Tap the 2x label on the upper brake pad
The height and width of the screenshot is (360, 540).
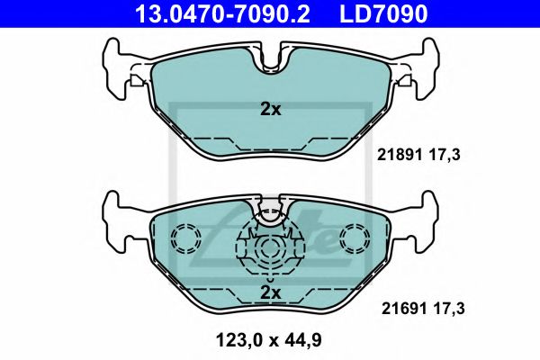(x=271, y=109)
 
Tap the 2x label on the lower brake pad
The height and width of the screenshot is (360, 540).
(x=271, y=292)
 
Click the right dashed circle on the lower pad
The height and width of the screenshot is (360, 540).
(x=355, y=239)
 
